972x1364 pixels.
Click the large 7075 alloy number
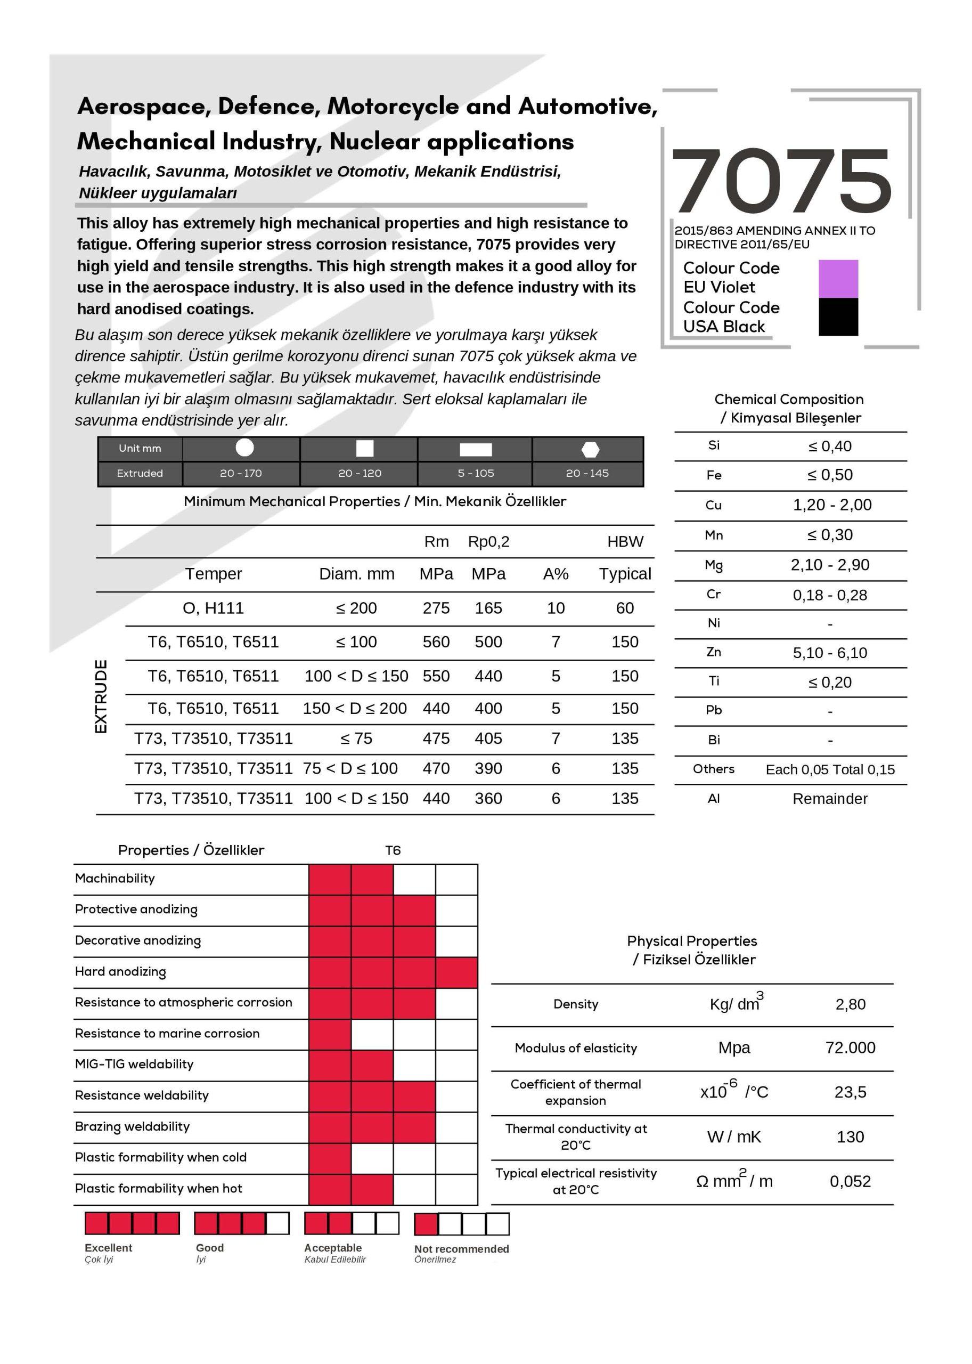pos(781,181)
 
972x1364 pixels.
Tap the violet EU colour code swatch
pos(838,279)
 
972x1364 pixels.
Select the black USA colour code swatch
pos(838,316)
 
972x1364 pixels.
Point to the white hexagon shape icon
pos(590,449)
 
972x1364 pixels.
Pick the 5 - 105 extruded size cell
pos(476,473)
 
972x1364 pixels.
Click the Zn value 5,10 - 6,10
pos(830,653)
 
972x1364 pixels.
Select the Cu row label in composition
pos(714,505)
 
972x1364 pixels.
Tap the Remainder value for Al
pos(830,799)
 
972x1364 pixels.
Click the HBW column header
pos(625,541)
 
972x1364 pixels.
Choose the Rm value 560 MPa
pos(436,642)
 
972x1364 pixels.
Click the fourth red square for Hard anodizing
pos(456,972)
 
